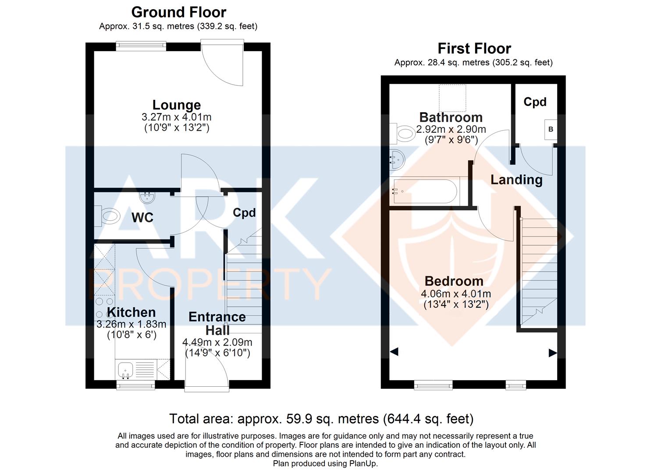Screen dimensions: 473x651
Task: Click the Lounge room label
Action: tap(177, 105)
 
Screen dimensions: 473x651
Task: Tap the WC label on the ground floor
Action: tap(142, 217)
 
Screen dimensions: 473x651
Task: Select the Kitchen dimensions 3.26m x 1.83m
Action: tap(131, 325)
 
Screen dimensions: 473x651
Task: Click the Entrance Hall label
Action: tap(217, 323)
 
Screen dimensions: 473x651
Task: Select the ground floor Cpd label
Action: tap(244, 213)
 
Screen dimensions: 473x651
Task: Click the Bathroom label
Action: tap(451, 117)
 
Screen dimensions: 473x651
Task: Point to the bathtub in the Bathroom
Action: tap(425, 191)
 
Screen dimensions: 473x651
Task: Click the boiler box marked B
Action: tap(551, 130)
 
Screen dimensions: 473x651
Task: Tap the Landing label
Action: tap(516, 180)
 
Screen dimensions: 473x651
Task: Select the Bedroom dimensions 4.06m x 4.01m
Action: tap(456, 294)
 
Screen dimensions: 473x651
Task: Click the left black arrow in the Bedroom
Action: tap(394, 351)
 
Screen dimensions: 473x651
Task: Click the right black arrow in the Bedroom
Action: tap(552, 353)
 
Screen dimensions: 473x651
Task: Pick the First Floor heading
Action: tap(474, 48)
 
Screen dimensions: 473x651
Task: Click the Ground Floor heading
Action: tap(178, 12)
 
